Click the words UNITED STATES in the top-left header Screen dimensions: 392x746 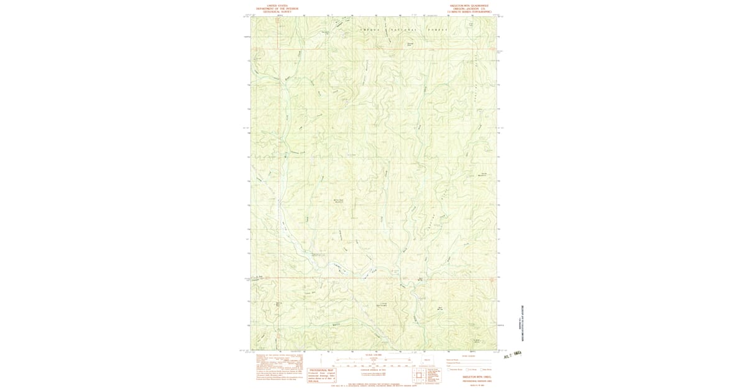click(274, 4)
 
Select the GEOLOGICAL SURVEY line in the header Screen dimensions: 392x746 click(274, 11)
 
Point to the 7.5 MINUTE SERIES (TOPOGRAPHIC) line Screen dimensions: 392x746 click(472, 11)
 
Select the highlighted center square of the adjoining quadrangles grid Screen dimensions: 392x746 click(416, 375)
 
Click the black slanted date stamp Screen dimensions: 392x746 click(513, 354)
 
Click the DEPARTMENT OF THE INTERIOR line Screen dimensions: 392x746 click(274, 7)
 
